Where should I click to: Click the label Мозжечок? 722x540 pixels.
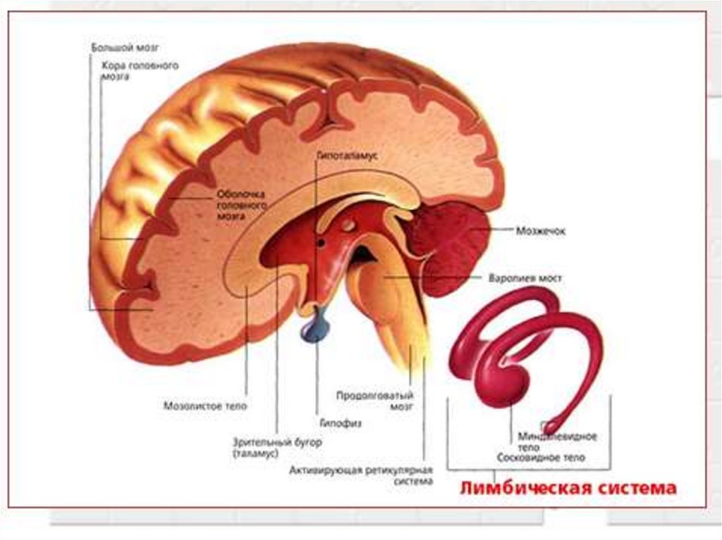(541, 230)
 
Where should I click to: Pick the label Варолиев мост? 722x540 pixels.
(525, 278)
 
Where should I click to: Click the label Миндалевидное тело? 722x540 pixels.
(557, 441)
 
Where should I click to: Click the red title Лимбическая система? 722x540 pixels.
(568, 488)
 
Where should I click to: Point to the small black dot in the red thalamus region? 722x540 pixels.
(321, 244)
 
